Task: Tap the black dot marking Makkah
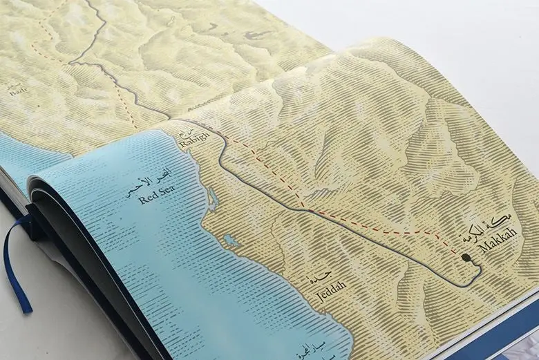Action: [467, 258]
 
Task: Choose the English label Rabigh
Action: [193, 144]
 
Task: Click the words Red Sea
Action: [158, 198]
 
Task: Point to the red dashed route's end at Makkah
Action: [462, 255]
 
